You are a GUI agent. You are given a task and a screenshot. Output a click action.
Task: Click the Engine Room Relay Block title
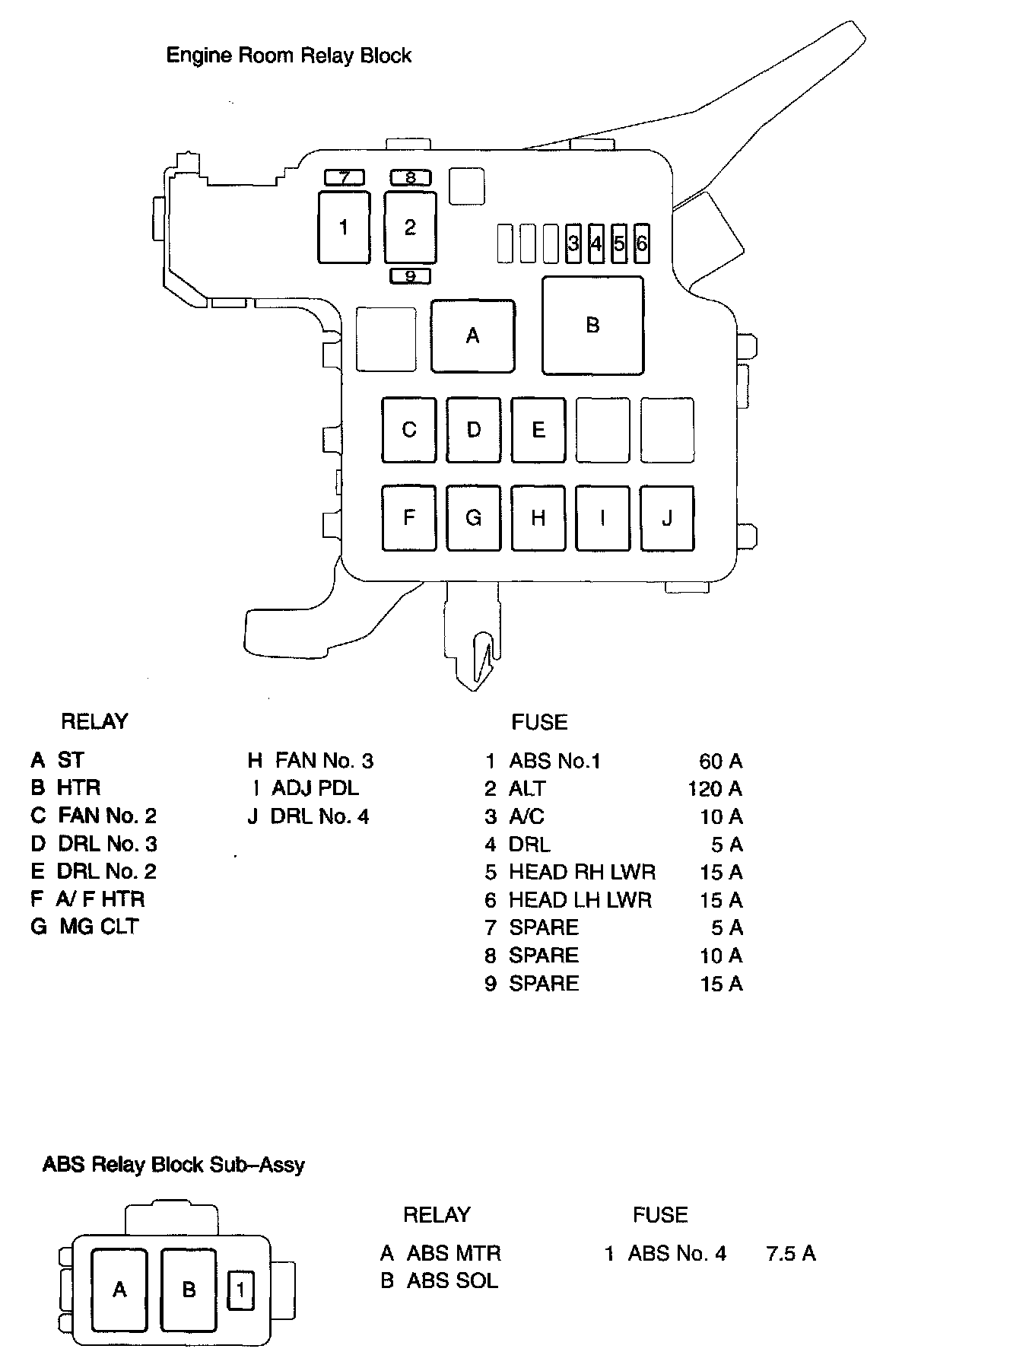288,56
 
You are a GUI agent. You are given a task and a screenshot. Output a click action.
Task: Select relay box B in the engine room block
592,326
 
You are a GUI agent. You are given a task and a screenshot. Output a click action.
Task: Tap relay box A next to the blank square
472,336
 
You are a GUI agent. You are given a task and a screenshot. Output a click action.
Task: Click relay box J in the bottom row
667,518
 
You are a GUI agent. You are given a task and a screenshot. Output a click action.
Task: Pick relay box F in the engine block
409,518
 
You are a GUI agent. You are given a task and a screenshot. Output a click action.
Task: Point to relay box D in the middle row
473,430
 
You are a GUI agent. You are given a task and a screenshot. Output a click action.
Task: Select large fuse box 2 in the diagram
410,227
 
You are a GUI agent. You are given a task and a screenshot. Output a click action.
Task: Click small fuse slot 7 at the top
345,178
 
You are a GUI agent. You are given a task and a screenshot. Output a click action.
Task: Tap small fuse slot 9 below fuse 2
410,276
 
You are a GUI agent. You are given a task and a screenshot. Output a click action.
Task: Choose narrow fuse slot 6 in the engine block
641,243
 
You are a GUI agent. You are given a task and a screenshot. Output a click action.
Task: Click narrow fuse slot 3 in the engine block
573,243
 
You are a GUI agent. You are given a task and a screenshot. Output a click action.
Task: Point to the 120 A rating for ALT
715,788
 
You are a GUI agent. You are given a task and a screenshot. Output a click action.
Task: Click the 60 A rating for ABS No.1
720,761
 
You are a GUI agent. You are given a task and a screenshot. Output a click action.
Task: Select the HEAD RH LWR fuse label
582,872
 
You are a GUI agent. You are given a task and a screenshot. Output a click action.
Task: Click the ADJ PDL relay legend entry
315,788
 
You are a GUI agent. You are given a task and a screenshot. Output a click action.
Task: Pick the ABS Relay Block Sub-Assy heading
173,1165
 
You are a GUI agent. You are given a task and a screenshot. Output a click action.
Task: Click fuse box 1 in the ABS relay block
241,1290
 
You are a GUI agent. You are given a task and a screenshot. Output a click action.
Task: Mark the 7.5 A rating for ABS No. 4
791,1253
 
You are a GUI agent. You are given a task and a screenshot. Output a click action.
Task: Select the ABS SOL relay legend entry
452,1281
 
